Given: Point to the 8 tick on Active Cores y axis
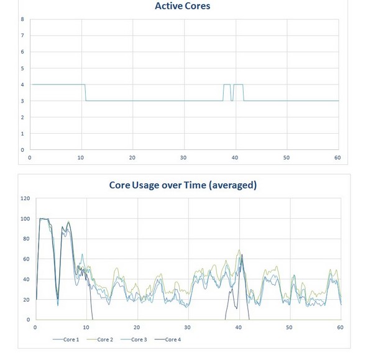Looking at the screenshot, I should tap(23, 19).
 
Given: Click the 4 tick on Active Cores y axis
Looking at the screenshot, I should tap(23, 85).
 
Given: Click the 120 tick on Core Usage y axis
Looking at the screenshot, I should tap(25, 198).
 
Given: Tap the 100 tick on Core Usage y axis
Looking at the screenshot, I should tap(25, 219).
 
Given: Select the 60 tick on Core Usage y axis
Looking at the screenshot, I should tap(26, 259).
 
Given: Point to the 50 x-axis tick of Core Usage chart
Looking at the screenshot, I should tap(289, 328).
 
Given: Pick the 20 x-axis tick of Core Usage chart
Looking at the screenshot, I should tap(137, 328).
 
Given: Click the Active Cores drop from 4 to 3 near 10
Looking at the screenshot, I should tap(85, 92).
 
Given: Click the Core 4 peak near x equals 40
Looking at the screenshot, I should tap(242, 254).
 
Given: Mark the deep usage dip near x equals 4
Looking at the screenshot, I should tap(58, 303).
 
